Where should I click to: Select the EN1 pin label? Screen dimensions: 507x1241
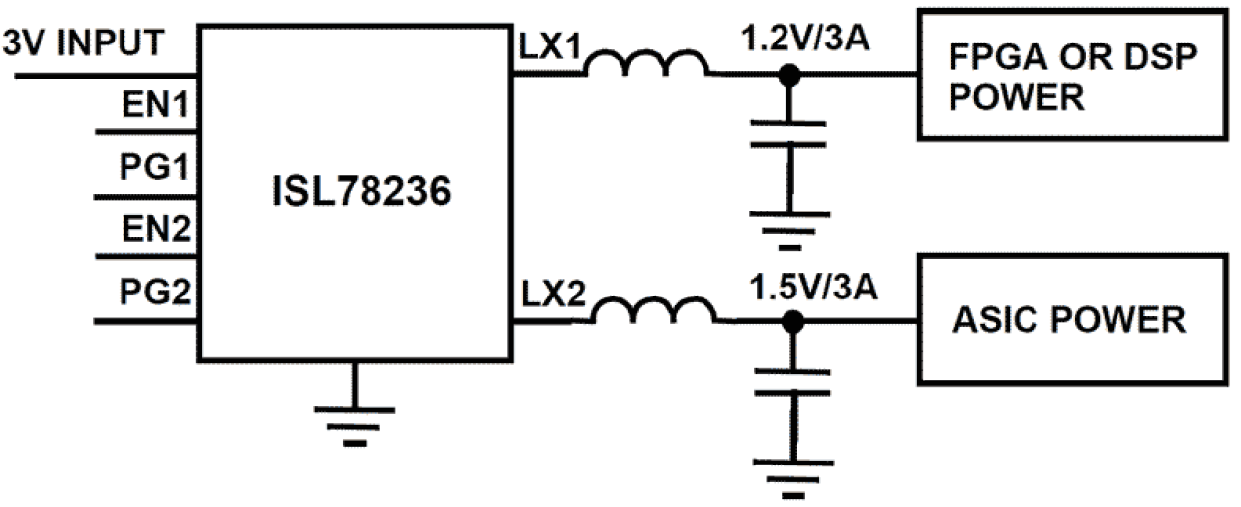154,103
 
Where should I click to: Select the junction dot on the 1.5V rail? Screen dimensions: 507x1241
790,321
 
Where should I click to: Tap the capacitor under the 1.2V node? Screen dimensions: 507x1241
787,135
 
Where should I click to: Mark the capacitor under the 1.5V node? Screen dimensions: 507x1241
790,382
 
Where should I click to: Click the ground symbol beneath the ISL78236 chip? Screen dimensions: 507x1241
356,420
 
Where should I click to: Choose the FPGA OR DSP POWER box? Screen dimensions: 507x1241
1071,74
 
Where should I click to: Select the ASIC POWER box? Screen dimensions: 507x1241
1071,320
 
